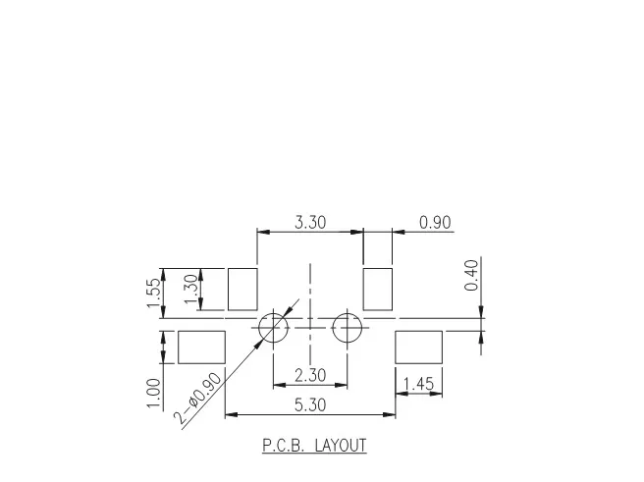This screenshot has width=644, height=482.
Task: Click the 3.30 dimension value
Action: coord(310,223)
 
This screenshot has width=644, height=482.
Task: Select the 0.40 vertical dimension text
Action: coord(472,274)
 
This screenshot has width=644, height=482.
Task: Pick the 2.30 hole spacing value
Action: coord(310,374)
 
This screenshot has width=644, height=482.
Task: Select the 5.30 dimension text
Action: coord(310,404)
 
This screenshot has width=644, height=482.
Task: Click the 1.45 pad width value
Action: coord(418,384)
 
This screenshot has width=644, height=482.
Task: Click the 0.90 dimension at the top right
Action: coord(435,223)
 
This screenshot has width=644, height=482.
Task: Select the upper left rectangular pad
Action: coord(242,289)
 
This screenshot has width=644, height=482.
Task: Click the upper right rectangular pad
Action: coord(378,289)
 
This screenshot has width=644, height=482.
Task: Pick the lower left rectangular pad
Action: coord(201,347)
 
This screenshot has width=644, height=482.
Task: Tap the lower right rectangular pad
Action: coord(419,347)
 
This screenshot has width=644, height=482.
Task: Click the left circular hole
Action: coord(274,328)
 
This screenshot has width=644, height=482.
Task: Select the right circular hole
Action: coord(348,328)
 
